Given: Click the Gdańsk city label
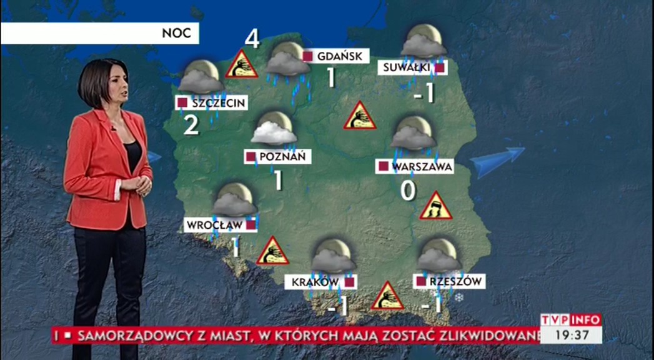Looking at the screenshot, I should pos(335,56).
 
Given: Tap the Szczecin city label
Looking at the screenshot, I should pos(211,102).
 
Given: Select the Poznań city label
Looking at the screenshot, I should pos(277,157).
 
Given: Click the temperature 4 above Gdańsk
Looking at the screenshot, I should pos(252,39).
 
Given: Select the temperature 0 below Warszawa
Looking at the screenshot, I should pos(408,191).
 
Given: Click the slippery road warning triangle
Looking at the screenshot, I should pos(435,207).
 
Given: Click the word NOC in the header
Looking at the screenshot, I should pos(176,33).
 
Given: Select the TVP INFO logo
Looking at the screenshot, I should pos(570,320).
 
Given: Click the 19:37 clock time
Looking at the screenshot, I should pos(570,335).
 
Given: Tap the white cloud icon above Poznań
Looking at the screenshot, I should pos(274,132).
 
